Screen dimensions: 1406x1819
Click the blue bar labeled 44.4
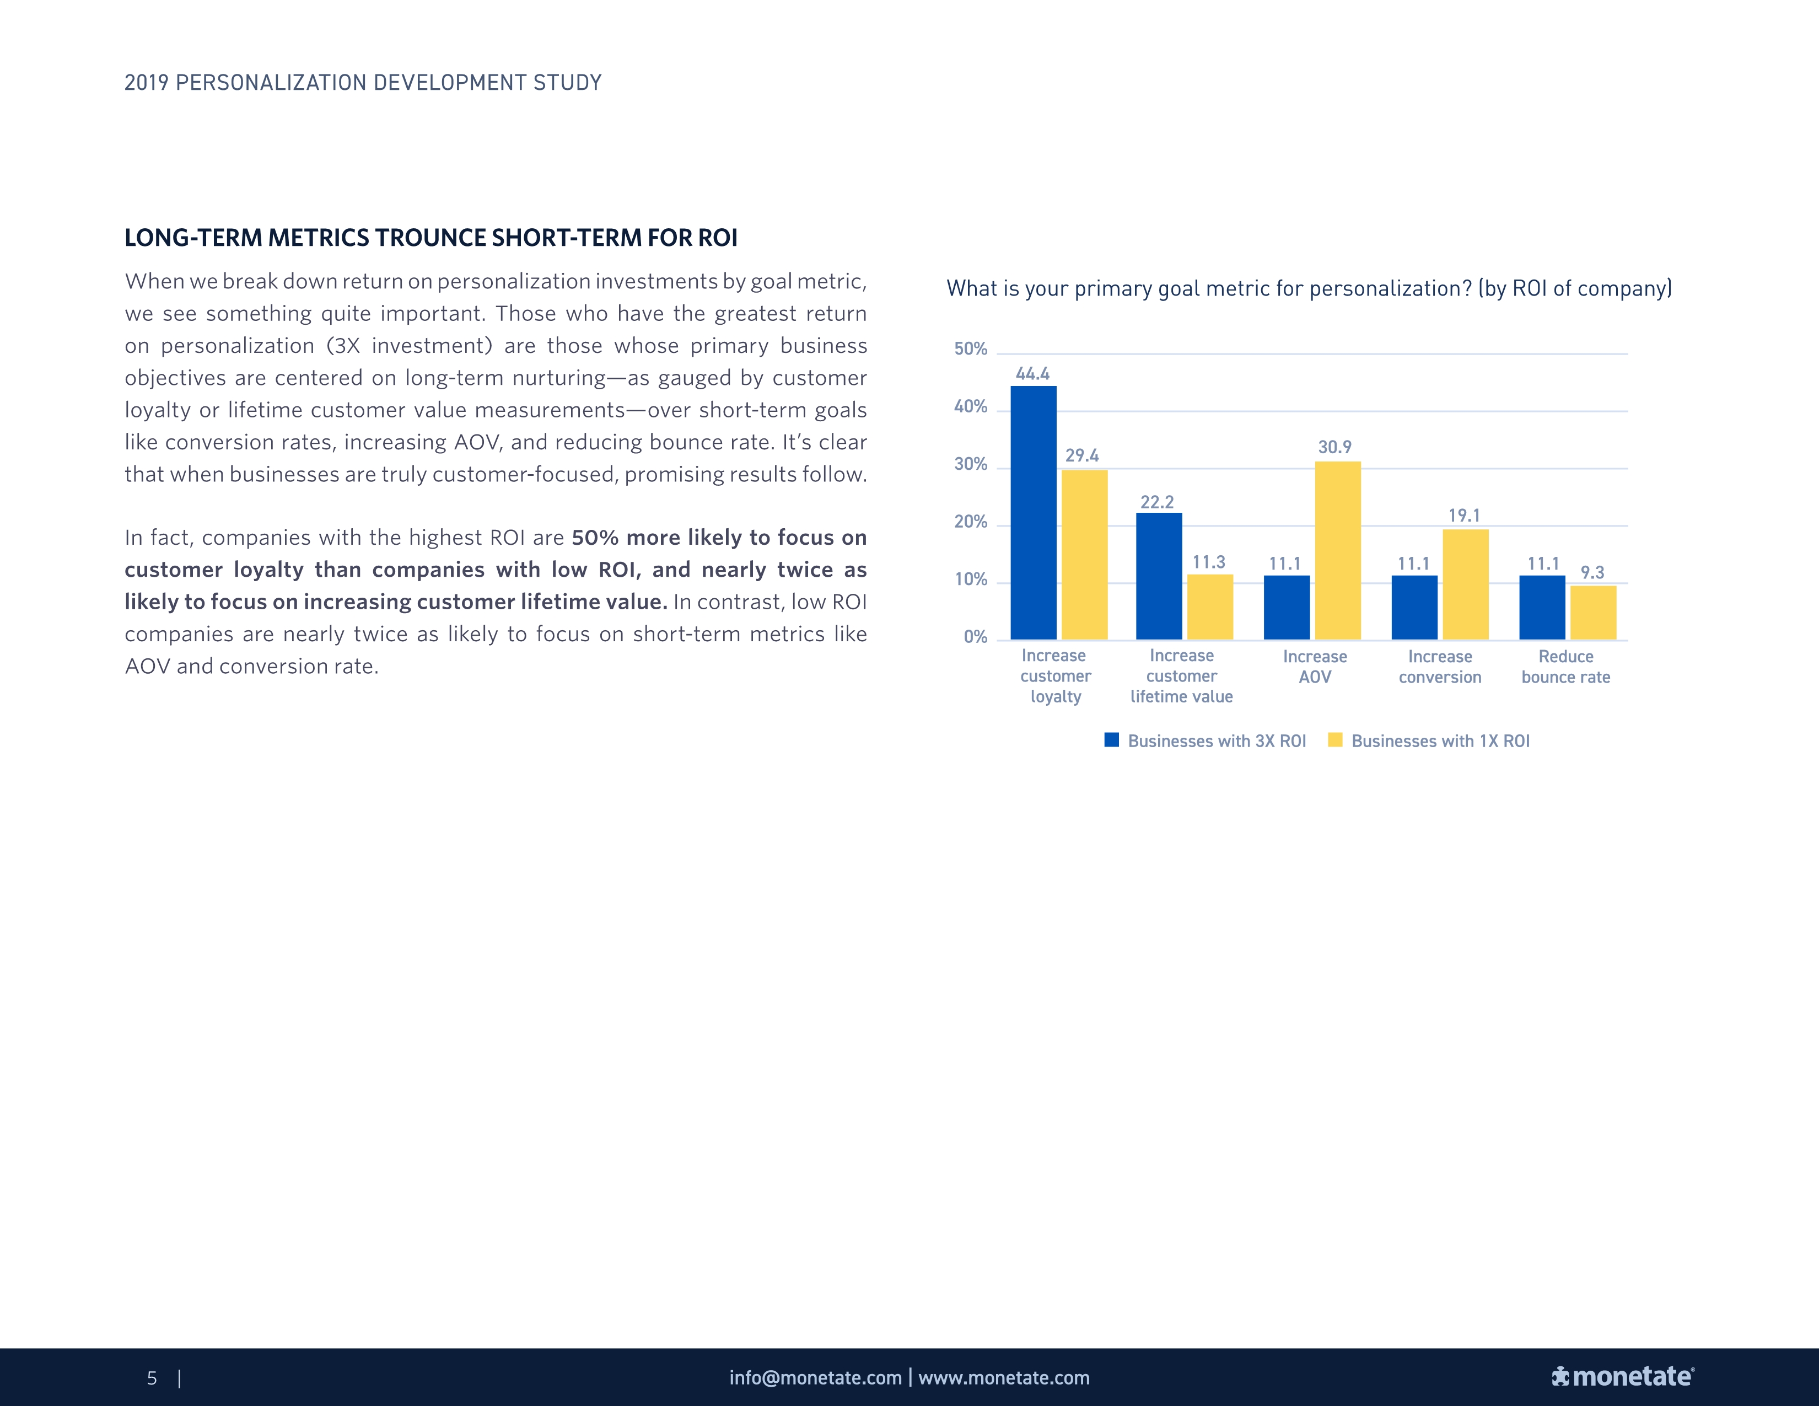point(1033,512)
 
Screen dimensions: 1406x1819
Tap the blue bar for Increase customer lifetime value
point(1159,576)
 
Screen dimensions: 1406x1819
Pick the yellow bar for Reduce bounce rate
point(1592,612)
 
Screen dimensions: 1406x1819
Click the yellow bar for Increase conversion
point(1465,584)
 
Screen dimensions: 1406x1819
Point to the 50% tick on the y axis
point(970,349)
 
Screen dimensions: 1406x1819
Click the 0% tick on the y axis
point(975,637)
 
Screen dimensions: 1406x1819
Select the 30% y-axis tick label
point(970,464)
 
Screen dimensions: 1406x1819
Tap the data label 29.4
point(1082,455)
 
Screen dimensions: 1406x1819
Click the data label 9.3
point(1592,572)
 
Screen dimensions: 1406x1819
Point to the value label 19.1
point(1463,516)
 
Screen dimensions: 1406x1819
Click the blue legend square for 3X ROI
point(1111,739)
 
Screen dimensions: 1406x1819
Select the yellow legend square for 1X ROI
point(1334,739)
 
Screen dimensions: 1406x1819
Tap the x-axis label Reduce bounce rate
point(1565,667)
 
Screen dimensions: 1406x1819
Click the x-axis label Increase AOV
point(1314,667)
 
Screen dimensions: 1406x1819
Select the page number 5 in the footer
point(152,1378)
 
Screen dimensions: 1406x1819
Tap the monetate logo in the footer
point(1622,1377)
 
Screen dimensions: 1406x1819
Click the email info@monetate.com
point(815,1378)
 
